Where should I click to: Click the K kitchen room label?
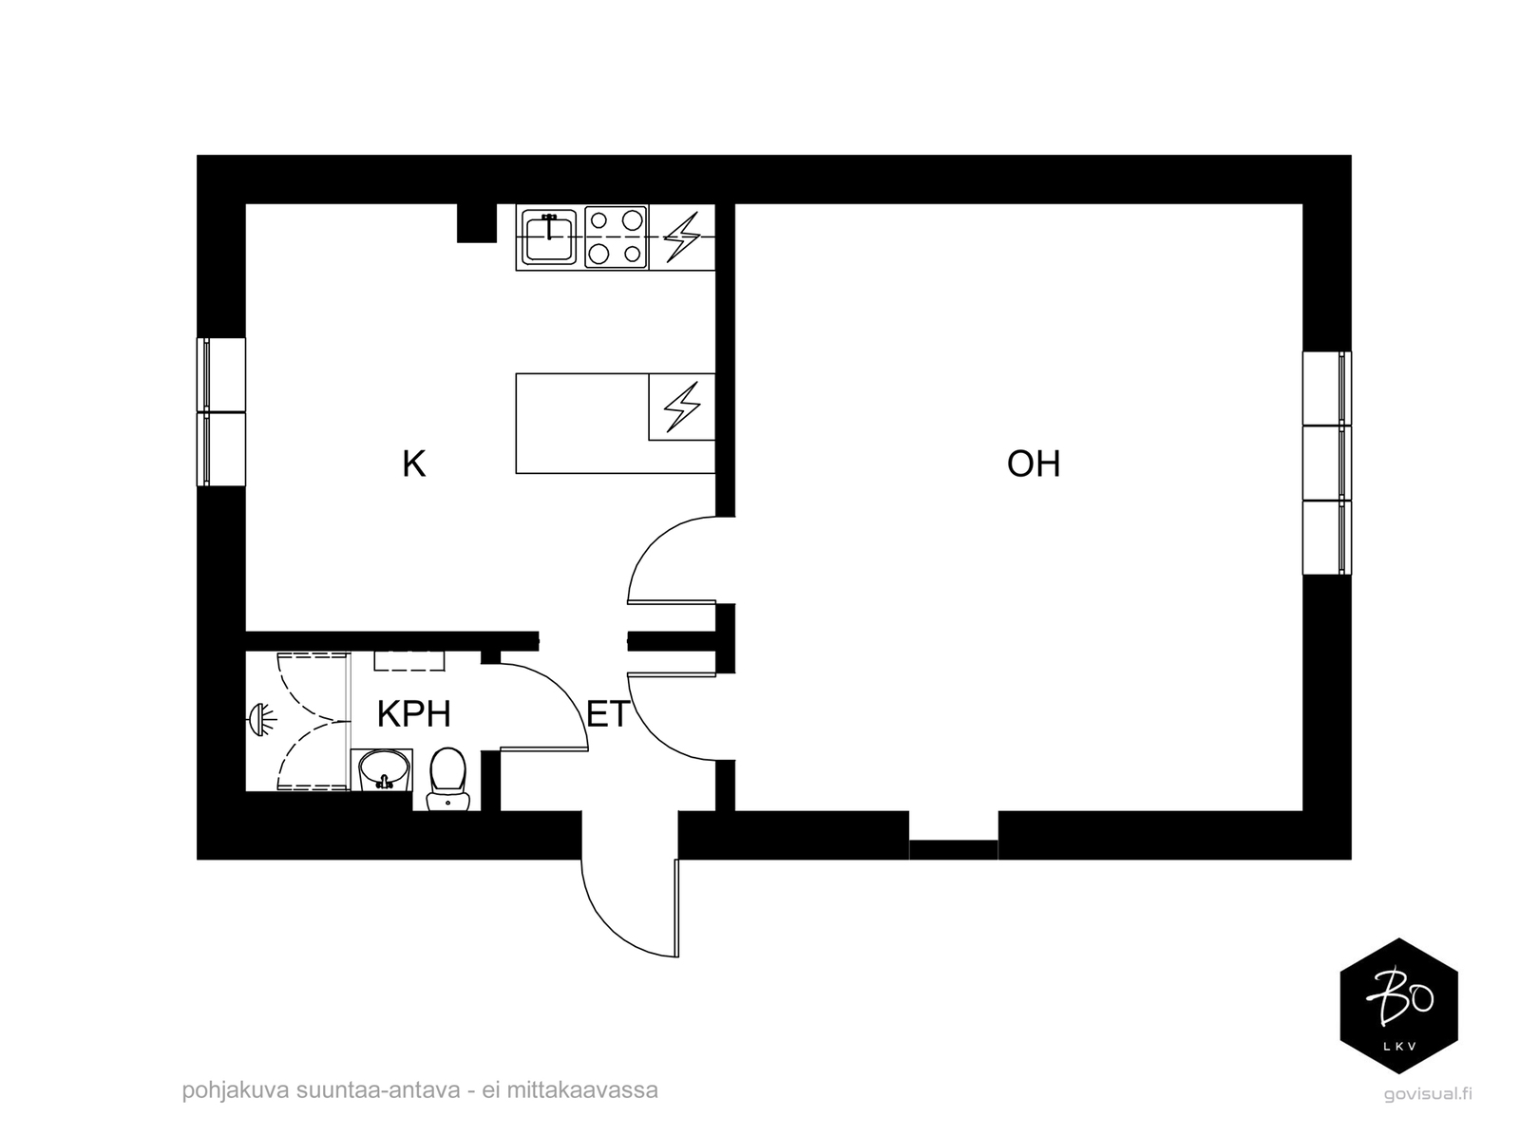(x=413, y=464)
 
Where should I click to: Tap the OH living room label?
(x=1034, y=464)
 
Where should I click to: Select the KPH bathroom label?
(x=413, y=713)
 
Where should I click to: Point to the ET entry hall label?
(x=608, y=714)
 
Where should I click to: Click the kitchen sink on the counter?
(x=548, y=237)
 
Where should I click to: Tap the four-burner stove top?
(x=616, y=237)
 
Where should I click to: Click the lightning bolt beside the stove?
(x=682, y=237)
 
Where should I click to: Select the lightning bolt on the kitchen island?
(x=682, y=407)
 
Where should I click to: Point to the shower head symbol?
(x=261, y=720)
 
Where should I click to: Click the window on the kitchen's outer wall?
(x=221, y=412)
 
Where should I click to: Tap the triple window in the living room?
(x=1327, y=464)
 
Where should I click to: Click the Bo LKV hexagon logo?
(x=1398, y=1006)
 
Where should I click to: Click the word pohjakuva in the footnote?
(x=236, y=1091)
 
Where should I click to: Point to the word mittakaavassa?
(x=582, y=1090)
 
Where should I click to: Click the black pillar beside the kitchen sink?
(x=477, y=223)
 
